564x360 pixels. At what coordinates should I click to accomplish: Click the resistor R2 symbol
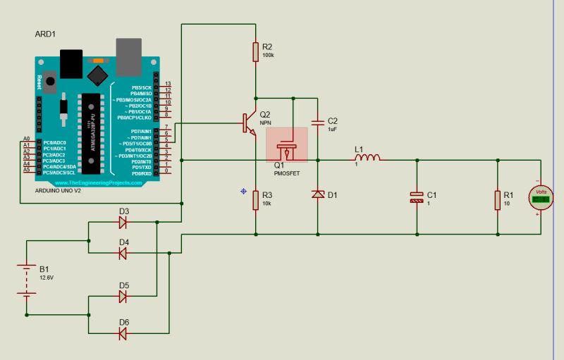tap(255, 51)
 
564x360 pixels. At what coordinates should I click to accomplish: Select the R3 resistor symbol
tap(255, 200)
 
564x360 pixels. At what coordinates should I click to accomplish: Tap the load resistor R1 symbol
tap(498, 200)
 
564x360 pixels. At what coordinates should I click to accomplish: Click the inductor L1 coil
tap(368, 158)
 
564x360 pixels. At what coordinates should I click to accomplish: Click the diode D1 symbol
tap(317, 194)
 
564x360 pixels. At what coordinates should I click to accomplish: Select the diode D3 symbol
tap(123, 223)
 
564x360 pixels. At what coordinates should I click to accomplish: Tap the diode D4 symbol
tap(123, 253)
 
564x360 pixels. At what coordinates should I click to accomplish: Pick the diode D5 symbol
tap(123, 297)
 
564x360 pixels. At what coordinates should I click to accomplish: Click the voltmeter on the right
tap(541, 197)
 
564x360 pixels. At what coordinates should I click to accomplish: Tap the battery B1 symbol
tap(27, 276)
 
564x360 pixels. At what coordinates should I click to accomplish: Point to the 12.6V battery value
tap(47, 278)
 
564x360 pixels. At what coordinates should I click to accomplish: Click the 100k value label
tap(268, 55)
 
